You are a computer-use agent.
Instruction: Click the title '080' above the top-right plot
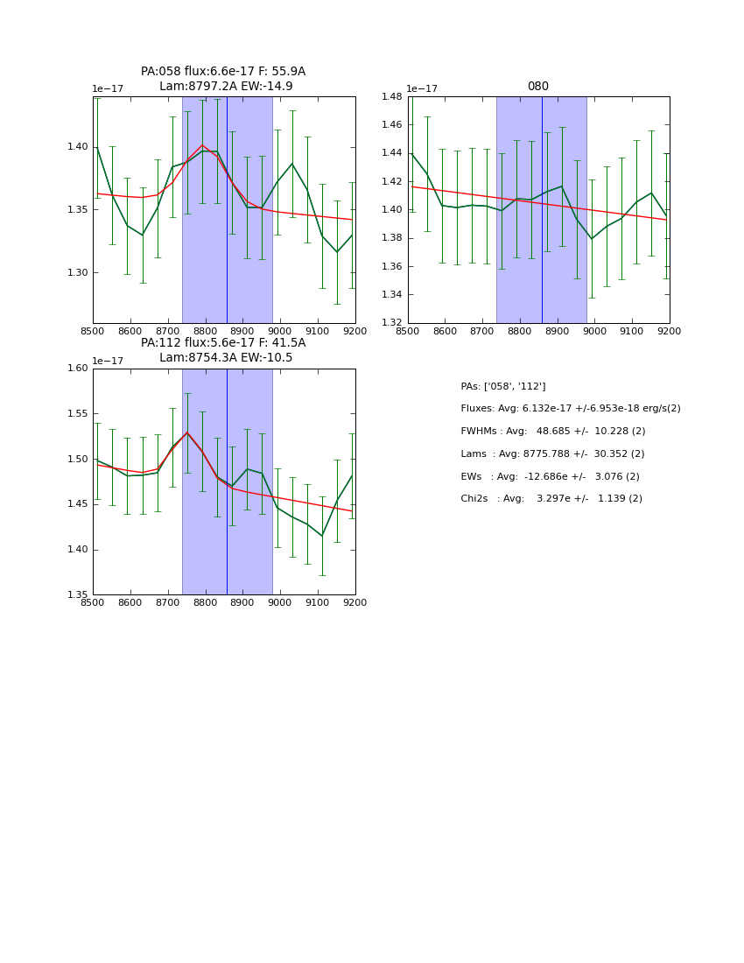[537, 87]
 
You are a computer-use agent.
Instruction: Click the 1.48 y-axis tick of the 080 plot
[391, 97]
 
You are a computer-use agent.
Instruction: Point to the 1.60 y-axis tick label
[76, 369]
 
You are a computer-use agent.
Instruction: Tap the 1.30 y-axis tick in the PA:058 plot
[76, 273]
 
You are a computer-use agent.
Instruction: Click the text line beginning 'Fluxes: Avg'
[570, 409]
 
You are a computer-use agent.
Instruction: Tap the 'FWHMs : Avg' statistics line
[552, 432]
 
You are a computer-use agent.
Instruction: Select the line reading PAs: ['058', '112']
[502, 387]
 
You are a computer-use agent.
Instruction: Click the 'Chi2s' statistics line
[551, 499]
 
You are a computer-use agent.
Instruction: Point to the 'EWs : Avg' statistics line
[550, 477]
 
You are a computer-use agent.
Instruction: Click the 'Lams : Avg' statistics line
[551, 454]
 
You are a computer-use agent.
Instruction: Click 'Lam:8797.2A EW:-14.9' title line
[226, 87]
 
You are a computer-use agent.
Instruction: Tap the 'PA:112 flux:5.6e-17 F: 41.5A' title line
[223, 343]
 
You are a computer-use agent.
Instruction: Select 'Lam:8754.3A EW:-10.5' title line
[226, 358]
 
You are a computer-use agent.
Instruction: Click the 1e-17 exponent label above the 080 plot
[422, 89]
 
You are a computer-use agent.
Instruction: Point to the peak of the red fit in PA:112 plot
[186, 432]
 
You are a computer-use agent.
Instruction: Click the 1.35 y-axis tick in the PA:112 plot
[76, 595]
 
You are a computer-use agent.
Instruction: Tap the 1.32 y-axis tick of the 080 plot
[391, 323]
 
